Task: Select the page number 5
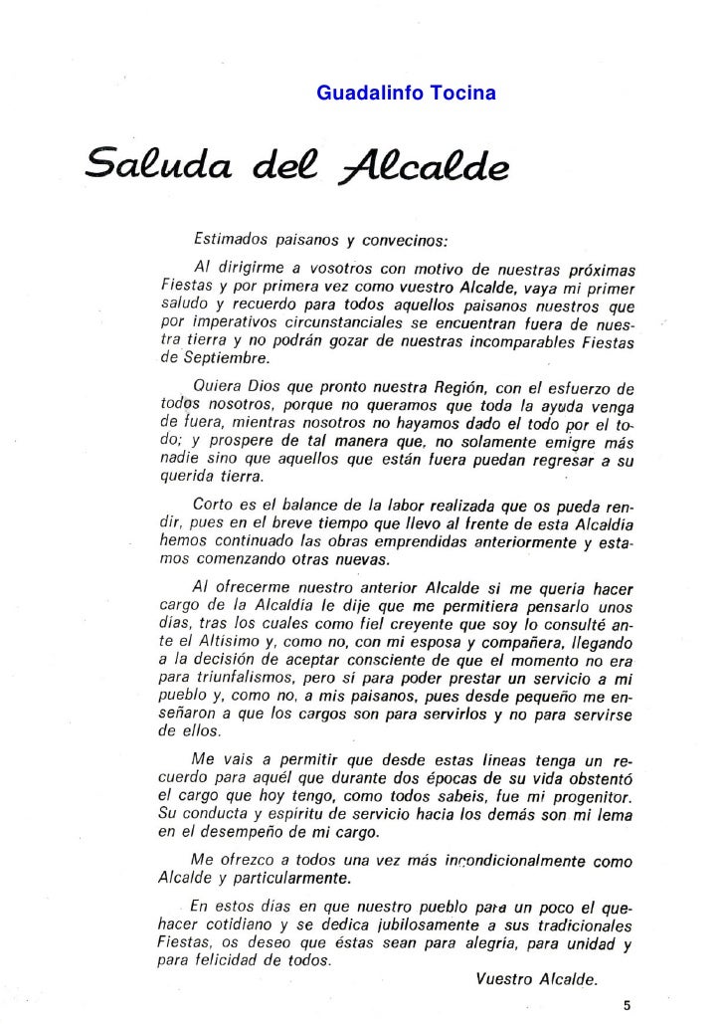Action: coord(626,1004)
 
